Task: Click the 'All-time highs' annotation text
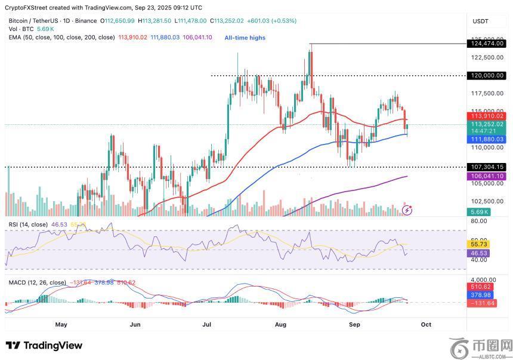pos(245,38)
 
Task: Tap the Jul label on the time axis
pos(207,324)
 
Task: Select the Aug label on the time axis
pos(282,324)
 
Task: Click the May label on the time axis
pos(61,324)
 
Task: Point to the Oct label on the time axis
pos(426,324)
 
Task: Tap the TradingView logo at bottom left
pos(44,346)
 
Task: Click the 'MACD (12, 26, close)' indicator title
pos(37,282)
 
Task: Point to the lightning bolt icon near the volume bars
pos(407,210)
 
